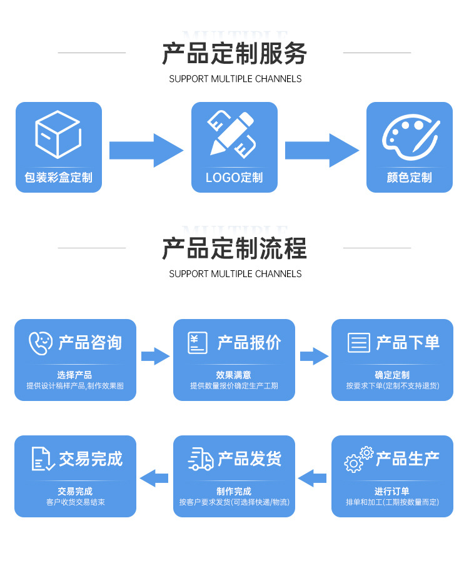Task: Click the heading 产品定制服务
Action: click(234, 54)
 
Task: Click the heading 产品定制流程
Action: click(234, 249)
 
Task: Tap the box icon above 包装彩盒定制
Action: click(58, 134)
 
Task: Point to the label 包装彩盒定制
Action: click(58, 178)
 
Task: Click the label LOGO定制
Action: click(234, 178)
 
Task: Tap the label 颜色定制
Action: click(410, 178)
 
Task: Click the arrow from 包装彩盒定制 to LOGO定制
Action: click(146, 150)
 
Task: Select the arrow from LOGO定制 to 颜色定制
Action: click(322, 150)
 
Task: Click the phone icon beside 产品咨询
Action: click(41, 343)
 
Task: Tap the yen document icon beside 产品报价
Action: click(198, 343)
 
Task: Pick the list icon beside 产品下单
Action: click(359, 343)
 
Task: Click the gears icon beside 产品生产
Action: click(358, 459)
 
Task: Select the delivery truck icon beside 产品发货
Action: click(201, 459)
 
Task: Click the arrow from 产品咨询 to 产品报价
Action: click(155, 357)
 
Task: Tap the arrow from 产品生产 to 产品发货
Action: click(313, 478)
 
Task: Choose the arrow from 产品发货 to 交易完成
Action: click(154, 478)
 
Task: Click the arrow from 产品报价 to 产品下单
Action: click(314, 357)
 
